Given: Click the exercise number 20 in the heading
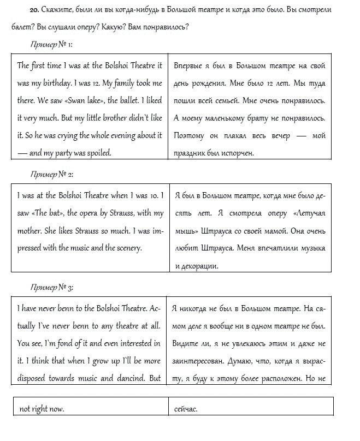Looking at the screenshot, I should point(33,10).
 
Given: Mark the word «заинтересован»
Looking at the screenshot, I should point(203,361).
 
